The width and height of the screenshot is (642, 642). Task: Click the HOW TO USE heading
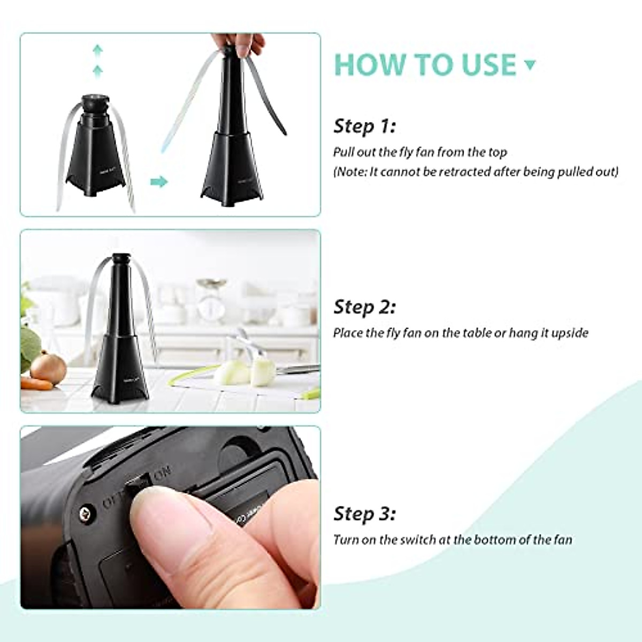coord(425,65)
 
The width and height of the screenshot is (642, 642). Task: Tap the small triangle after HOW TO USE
coord(530,65)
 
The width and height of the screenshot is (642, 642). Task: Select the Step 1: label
coord(364,126)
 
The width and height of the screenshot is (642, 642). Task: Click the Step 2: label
coord(364,307)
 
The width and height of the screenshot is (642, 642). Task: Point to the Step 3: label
coord(364,514)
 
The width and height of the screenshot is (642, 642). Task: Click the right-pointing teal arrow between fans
coord(159,182)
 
